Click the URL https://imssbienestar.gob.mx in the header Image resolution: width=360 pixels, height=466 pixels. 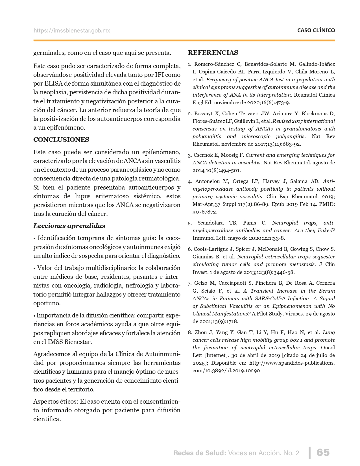72,31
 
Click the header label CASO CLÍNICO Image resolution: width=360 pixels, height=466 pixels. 316,31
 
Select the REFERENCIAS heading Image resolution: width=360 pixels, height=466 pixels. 213,53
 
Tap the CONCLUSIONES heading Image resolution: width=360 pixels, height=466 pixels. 61,140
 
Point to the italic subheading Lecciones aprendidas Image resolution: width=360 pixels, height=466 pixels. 69,226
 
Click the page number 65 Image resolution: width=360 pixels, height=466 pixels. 323,452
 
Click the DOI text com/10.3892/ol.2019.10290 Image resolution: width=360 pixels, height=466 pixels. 226,370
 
